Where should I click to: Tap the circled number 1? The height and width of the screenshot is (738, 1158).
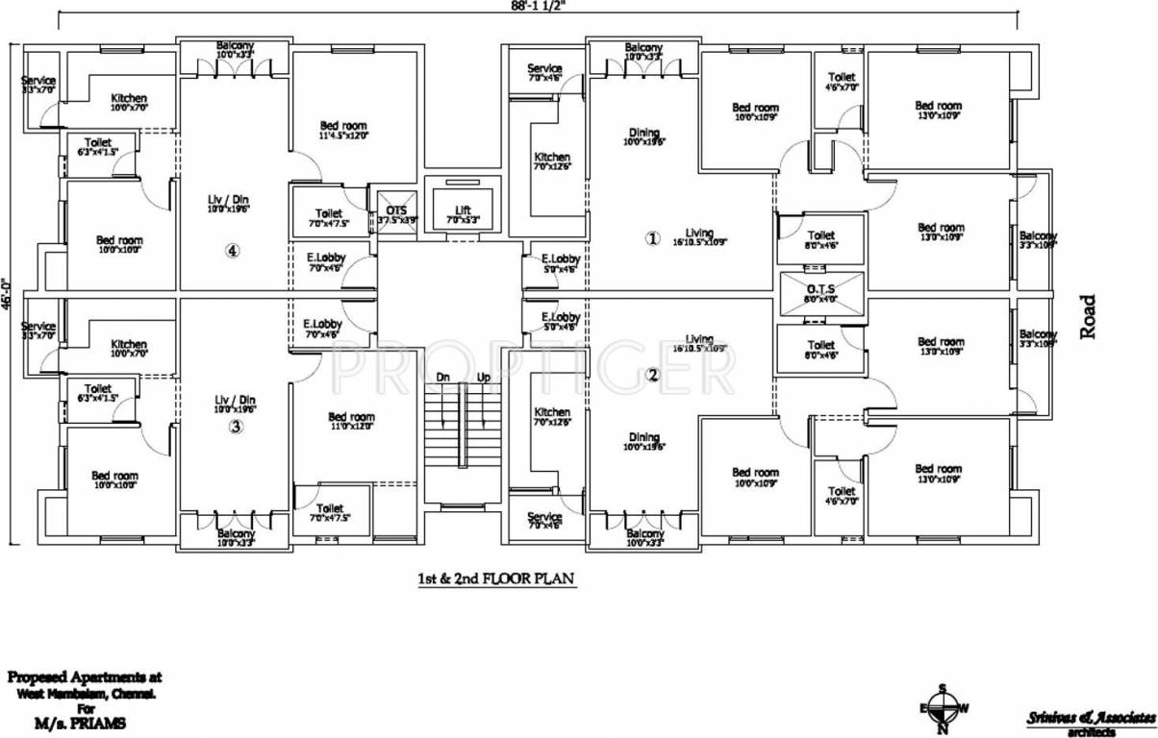coord(653,238)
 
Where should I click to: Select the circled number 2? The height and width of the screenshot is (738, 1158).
coord(653,376)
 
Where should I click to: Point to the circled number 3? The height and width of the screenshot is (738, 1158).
coord(235,429)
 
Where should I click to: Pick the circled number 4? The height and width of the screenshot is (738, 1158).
coord(232,251)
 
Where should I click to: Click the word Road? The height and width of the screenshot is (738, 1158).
coord(1088,316)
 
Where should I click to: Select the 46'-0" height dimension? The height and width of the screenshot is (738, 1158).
coord(7,295)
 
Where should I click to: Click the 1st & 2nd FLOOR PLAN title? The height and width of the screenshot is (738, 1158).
coord(496,579)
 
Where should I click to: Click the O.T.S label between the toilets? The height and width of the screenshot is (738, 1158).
coord(820,287)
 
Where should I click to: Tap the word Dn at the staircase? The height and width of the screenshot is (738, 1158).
coord(442,378)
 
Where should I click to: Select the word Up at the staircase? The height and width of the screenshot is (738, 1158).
coord(483,378)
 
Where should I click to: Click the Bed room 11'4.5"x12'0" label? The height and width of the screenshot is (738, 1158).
coord(343,131)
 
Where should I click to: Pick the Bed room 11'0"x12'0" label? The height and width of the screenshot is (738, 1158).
coord(350,422)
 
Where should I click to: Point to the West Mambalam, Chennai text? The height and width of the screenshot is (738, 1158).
coord(87,693)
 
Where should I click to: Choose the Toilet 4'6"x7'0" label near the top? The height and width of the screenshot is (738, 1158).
coord(842,81)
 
